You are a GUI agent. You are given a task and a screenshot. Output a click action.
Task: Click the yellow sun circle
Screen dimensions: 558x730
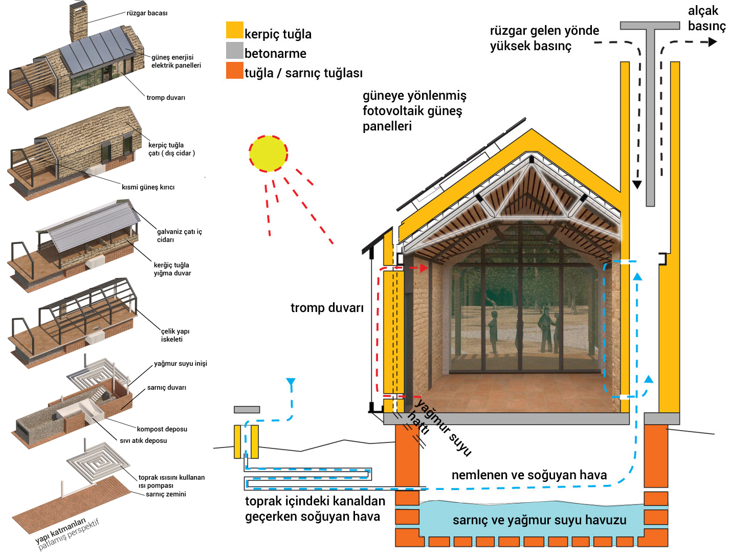[268, 154]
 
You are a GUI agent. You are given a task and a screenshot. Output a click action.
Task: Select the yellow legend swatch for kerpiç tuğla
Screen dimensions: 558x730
[234, 30]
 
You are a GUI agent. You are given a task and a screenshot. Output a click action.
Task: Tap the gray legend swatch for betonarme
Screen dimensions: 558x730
[234, 50]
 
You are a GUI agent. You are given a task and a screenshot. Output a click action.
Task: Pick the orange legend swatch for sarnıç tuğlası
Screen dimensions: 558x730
[234, 70]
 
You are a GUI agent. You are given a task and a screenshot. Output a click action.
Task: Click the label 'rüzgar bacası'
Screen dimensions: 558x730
[147, 13]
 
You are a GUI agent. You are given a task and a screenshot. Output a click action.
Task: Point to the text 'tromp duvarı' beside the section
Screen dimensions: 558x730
[327, 308]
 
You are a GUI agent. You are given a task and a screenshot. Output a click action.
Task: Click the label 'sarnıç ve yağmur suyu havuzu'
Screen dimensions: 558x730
[539, 520]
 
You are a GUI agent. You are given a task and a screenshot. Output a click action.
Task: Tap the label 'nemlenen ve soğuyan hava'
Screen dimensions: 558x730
[529, 475]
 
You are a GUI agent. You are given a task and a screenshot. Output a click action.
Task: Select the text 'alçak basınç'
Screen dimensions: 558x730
[706, 18]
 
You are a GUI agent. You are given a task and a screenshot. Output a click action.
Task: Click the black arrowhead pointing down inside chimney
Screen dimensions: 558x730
[637, 185]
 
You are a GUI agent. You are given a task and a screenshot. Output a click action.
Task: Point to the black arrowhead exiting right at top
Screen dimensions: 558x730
[713, 42]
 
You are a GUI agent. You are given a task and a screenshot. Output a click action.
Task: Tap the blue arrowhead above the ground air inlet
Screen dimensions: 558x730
[291, 382]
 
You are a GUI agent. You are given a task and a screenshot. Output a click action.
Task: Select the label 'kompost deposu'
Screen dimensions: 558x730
[162, 429]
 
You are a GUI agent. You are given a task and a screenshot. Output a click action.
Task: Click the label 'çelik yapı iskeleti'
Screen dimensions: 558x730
[175, 335]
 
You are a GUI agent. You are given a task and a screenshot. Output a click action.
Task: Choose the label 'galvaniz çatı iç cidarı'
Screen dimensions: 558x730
[179, 236]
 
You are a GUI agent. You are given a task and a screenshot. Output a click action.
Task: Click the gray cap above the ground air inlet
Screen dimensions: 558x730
[247, 409]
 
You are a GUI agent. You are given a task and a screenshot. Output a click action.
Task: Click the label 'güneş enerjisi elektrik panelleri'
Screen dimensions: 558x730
[176, 61]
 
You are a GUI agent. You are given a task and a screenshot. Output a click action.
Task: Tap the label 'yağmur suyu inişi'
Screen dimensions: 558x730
[180, 364]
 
